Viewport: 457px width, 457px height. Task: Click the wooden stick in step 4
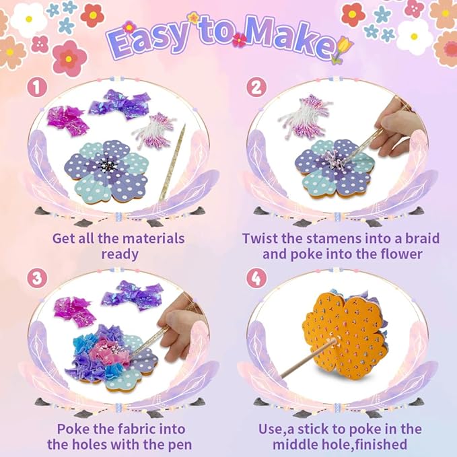point(300,363)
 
